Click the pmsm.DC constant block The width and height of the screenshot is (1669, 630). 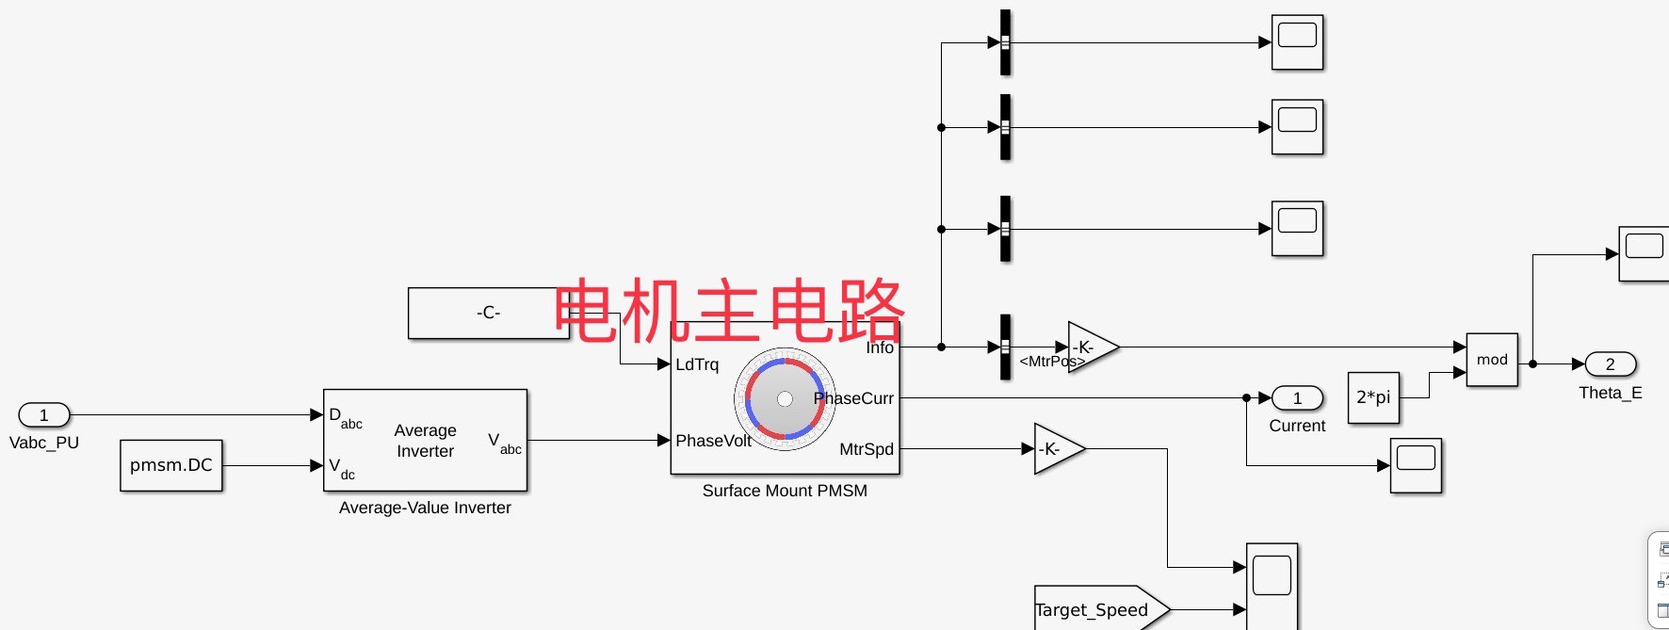[171, 465]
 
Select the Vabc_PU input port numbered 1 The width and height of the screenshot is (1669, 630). [44, 415]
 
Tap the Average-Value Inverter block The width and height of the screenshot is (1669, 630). [425, 441]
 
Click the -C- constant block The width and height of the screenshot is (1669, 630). [488, 313]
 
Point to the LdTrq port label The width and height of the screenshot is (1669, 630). [697, 364]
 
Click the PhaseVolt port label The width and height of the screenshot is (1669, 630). [713, 441]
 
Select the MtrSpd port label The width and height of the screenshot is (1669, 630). [866, 449]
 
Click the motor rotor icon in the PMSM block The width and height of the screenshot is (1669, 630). [785, 399]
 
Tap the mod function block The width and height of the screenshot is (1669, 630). [1492, 360]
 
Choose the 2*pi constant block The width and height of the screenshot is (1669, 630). [1373, 397]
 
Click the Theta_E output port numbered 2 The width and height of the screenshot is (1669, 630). [1610, 364]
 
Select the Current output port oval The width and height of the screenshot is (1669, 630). [1297, 398]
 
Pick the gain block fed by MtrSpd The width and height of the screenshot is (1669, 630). [1055, 449]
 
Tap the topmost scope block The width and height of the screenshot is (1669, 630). [1297, 42]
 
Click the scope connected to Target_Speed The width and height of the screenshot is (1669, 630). [1272, 584]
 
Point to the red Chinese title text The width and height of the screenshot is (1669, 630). [729, 311]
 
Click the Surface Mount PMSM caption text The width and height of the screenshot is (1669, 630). [785, 491]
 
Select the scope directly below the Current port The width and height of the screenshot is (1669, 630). [1416, 465]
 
